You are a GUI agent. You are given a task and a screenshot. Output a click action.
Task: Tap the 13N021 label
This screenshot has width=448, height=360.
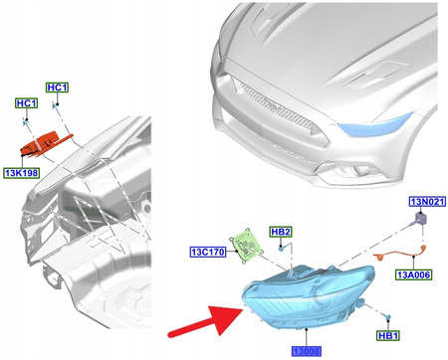423,200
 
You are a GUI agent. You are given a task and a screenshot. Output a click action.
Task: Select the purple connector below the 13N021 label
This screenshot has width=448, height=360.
421,219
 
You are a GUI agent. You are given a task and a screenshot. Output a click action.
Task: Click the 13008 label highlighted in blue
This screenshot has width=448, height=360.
308,351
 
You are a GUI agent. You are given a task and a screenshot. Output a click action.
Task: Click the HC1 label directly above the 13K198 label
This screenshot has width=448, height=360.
25,103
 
